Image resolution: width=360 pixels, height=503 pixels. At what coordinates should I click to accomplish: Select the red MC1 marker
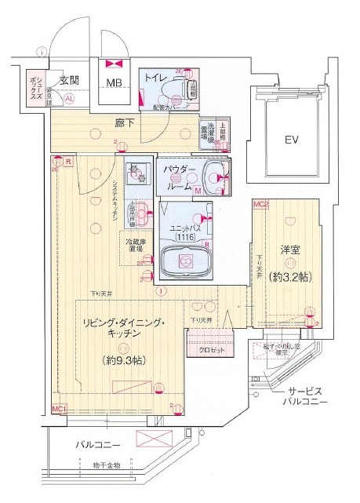pyautogui.click(x=58, y=409)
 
